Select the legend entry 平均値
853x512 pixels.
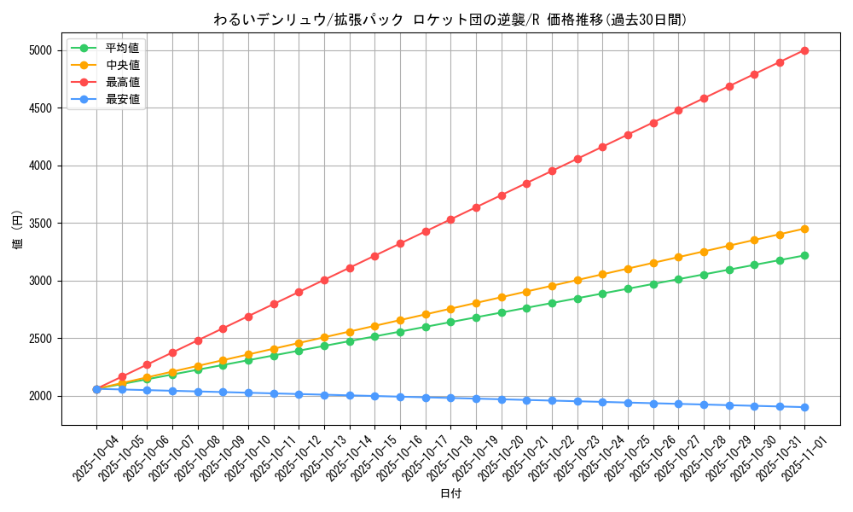click(122, 48)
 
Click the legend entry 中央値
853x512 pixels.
click(122, 65)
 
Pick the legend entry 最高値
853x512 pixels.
click(122, 82)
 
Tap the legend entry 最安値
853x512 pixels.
click(122, 99)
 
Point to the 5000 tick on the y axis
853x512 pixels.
click(41, 50)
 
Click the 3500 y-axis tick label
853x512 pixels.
click(41, 224)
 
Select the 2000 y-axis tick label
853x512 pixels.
click(41, 396)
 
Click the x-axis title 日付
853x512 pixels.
click(450, 494)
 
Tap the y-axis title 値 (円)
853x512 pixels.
click(18, 231)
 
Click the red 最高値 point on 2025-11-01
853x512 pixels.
click(804, 50)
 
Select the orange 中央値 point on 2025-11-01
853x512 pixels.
click(804, 229)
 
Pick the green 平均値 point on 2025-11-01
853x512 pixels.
click(804, 255)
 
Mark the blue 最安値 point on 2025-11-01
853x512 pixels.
click(804, 407)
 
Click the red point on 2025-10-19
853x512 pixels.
click(476, 207)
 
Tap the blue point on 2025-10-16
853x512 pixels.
click(400, 397)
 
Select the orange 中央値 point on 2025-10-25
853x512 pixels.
click(628, 269)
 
